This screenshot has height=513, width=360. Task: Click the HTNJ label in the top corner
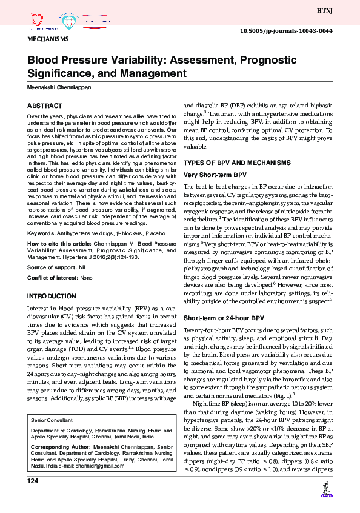coord(341,11)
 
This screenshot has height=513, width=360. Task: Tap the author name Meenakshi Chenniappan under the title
coord(59,86)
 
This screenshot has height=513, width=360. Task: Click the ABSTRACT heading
coord(44,105)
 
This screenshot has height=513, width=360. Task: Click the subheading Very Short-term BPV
coord(211,175)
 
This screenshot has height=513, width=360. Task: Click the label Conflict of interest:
coord(53,278)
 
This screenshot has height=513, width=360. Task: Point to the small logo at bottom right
coord(327,490)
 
